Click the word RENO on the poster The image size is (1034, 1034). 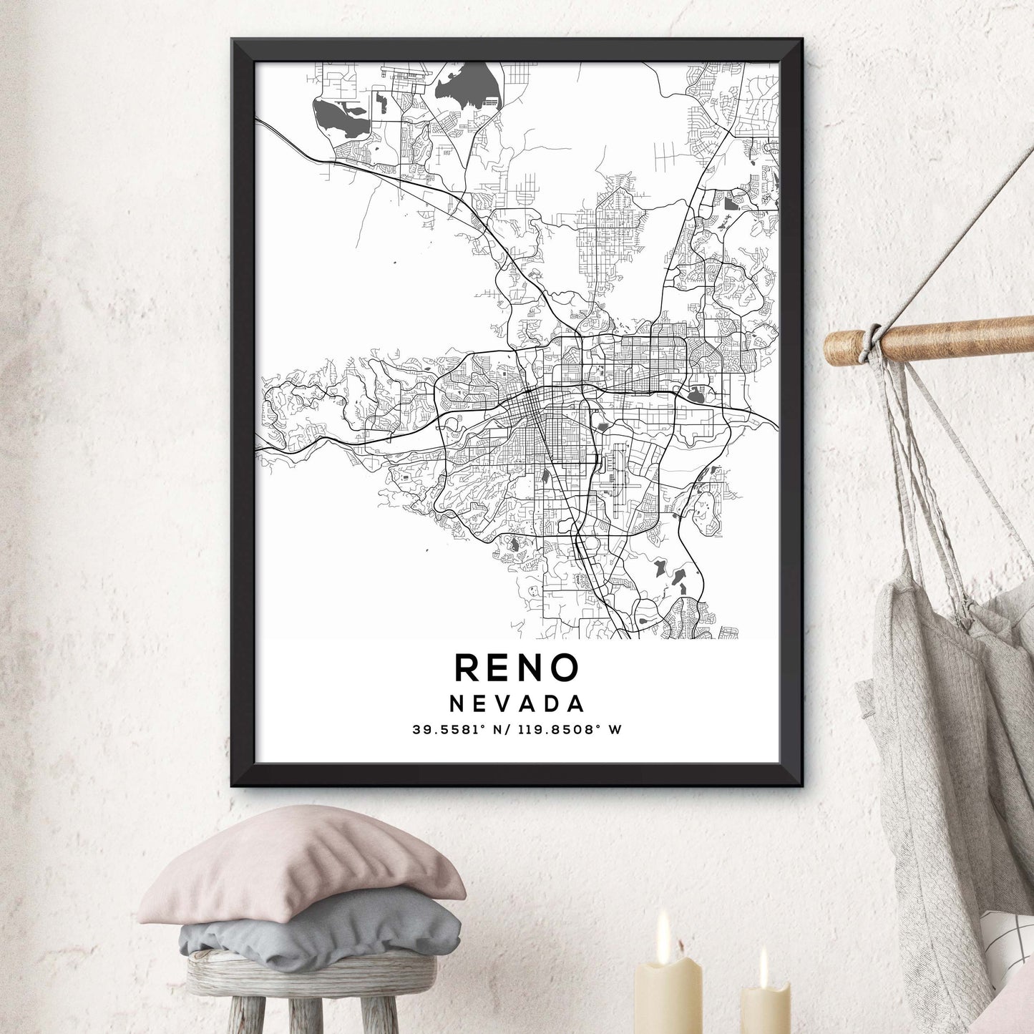point(517,668)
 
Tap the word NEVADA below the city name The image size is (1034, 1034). point(517,704)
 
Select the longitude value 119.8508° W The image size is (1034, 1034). point(565,730)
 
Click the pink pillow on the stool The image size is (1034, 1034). point(301,866)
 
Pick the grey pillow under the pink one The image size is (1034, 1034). point(322,930)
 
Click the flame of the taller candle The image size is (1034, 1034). point(663,927)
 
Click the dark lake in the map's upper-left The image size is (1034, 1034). point(340,119)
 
